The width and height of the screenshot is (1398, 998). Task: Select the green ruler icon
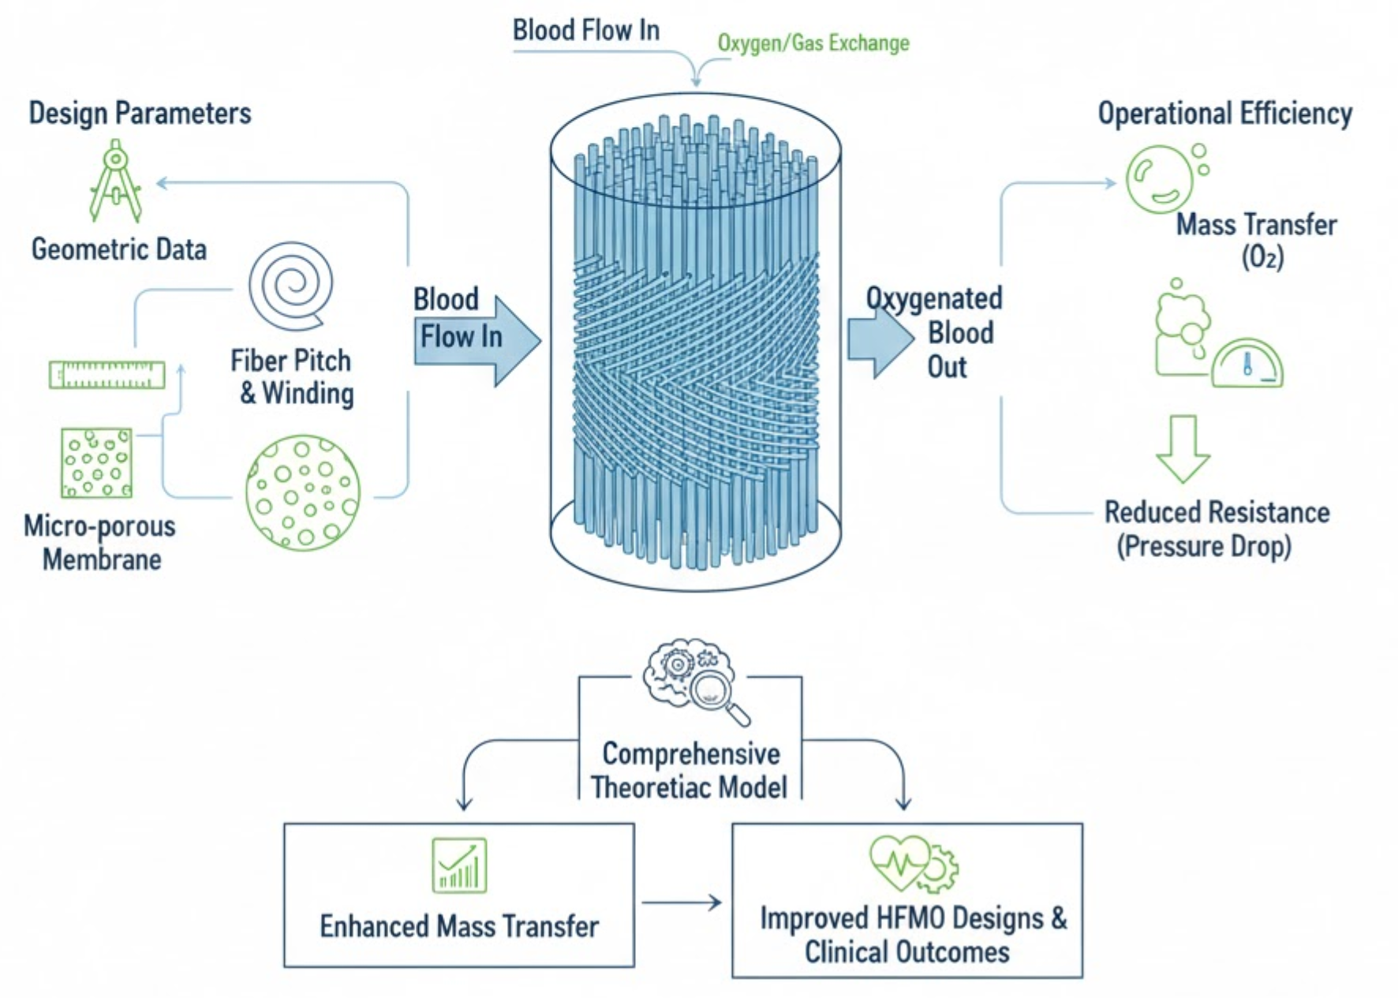pyautogui.click(x=107, y=374)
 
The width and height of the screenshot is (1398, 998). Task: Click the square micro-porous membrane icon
pyautogui.click(x=96, y=462)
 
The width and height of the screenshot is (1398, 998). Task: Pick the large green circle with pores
pyautogui.click(x=303, y=492)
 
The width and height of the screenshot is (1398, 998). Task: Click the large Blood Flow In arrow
pyautogui.click(x=477, y=340)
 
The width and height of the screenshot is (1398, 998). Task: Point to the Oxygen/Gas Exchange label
pyautogui.click(x=813, y=43)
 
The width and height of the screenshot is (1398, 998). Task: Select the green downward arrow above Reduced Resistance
pyautogui.click(x=1183, y=448)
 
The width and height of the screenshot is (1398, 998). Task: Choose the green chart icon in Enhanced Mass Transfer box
pyautogui.click(x=459, y=865)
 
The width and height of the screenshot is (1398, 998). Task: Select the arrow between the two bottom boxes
pyautogui.click(x=682, y=903)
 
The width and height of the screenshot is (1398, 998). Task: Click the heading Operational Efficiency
pyautogui.click(x=1224, y=114)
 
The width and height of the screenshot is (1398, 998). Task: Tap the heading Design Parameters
pyautogui.click(x=140, y=113)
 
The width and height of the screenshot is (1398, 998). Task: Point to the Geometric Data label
pyautogui.click(x=119, y=249)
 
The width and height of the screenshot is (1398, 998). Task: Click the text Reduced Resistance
pyautogui.click(x=1217, y=512)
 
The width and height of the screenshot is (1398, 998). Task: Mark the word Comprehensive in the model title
pyautogui.click(x=691, y=753)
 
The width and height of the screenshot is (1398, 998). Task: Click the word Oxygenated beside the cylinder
pyautogui.click(x=934, y=298)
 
